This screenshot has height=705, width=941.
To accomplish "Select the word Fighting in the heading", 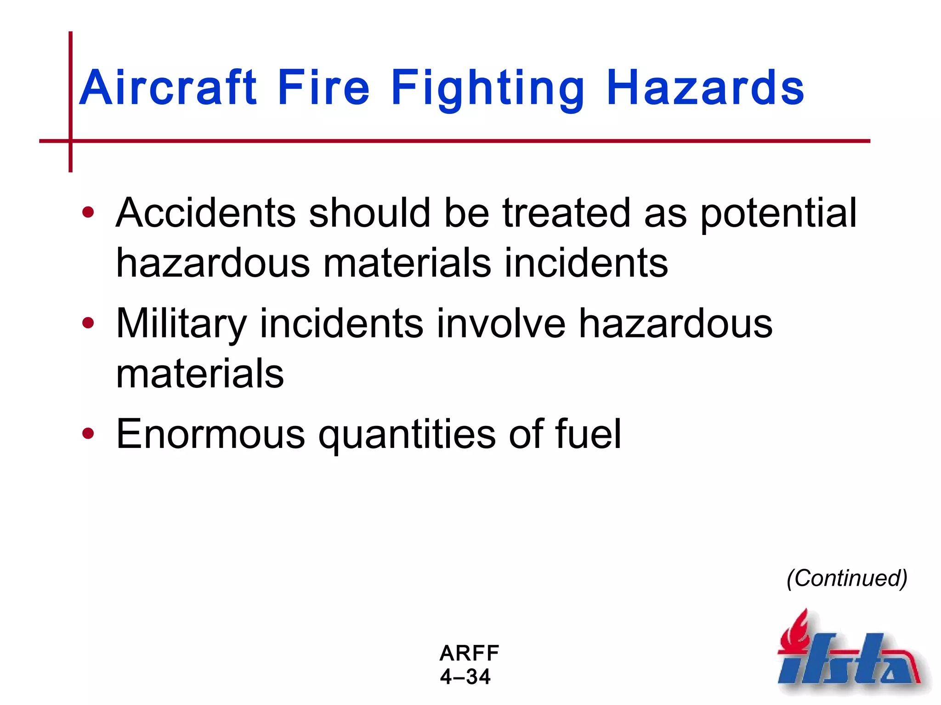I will (x=488, y=88).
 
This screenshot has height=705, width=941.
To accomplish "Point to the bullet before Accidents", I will (x=88, y=213).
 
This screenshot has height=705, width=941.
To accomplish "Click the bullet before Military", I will (x=88, y=324).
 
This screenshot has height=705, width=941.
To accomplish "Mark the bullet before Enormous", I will (x=88, y=434).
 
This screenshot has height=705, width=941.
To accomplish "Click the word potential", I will (x=778, y=214).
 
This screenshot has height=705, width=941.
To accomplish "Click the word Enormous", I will (x=210, y=434).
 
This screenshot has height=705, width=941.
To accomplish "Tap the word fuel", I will (x=588, y=434).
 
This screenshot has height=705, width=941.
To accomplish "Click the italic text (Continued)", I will (x=847, y=578).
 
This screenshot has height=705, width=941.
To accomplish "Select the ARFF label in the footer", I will (x=469, y=653).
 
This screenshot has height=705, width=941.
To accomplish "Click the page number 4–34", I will (x=465, y=677).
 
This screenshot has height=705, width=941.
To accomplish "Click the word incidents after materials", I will (x=586, y=263).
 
